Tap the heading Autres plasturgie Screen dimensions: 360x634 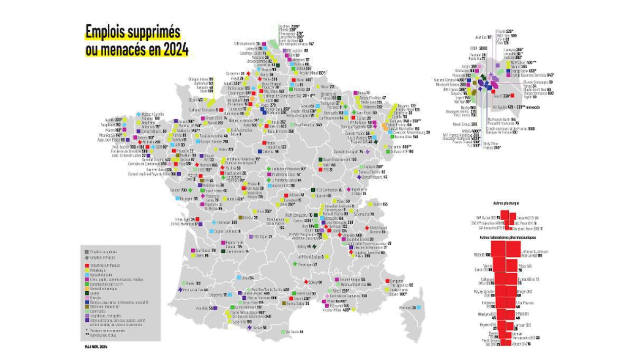click(506, 203)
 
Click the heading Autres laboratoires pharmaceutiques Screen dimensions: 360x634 click(506, 237)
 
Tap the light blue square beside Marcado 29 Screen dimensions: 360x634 click(418, 307)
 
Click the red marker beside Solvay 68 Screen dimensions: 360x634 click(304, 282)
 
